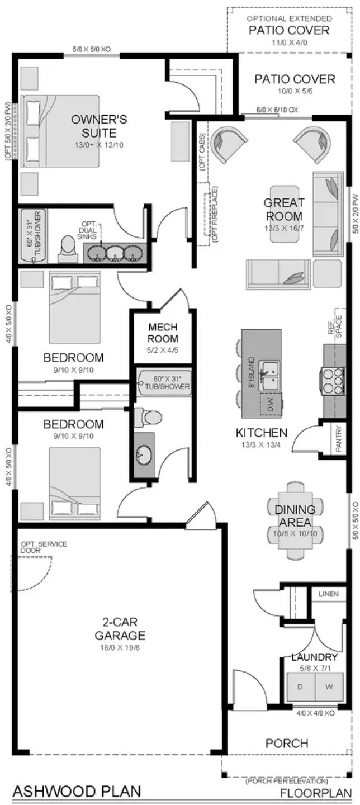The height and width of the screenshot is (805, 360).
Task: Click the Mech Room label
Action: pyautogui.click(x=163, y=333)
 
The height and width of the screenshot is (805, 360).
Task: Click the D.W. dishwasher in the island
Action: pyautogui.click(x=271, y=404)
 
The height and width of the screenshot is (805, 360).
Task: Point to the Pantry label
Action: pyautogui.click(x=338, y=439)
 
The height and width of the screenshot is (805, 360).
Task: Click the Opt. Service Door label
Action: pyautogui.click(x=44, y=547)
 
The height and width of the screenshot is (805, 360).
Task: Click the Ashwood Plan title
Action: pyautogui.click(x=77, y=791)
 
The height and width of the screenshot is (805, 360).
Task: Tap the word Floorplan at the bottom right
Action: pyautogui.click(x=315, y=792)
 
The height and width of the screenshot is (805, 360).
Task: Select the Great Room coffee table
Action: pyautogui.click(x=285, y=214)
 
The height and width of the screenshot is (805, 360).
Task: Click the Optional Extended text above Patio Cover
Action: pyautogui.click(x=289, y=18)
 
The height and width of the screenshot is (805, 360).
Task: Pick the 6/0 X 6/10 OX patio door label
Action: pyautogui.click(x=277, y=110)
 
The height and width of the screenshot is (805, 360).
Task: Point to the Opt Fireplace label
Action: pyautogui.click(x=215, y=215)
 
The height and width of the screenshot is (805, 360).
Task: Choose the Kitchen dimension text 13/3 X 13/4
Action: pyautogui.click(x=261, y=444)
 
